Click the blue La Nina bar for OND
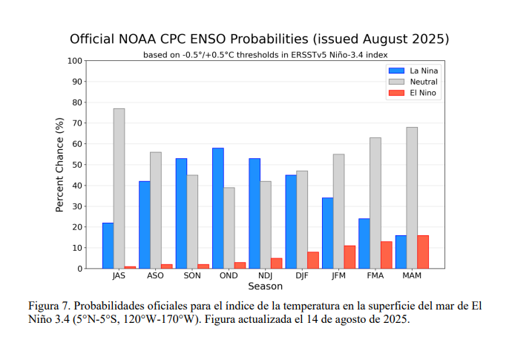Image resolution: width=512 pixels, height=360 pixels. coord(218,208)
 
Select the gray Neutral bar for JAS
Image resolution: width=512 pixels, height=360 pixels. coord(119,189)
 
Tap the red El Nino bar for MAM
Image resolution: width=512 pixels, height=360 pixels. coord(423,252)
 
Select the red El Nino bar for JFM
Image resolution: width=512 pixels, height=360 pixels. coord(349,257)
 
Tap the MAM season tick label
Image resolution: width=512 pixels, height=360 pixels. coord(412,275)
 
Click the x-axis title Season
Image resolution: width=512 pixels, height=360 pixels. coord(265,287)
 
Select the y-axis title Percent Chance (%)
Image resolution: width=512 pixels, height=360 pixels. coord(59,165)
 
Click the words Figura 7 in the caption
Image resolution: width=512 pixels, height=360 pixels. coord(50,306)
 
